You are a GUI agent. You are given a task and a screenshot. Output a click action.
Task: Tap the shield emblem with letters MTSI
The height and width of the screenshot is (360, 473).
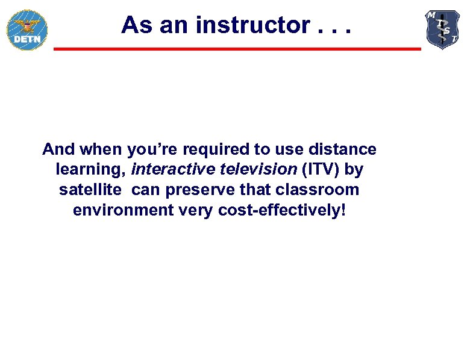coord(443,28)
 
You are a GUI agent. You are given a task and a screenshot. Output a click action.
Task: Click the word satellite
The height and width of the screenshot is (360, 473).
coord(91,190)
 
